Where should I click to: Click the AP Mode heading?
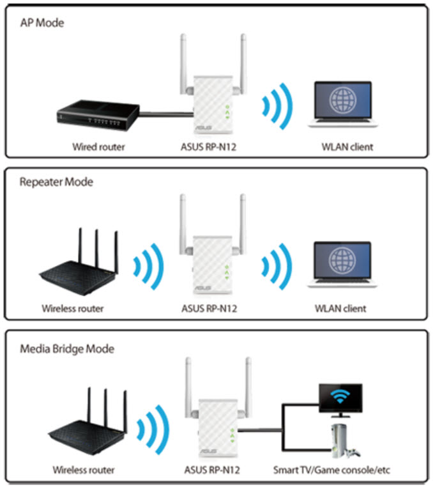[43, 23]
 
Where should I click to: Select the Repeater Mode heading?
[56, 182]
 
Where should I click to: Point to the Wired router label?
[98, 147]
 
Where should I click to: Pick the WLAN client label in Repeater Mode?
[340, 309]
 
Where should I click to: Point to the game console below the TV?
[341, 442]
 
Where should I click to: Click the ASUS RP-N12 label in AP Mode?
[208, 147]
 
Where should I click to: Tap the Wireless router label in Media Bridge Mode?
[84, 470]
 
